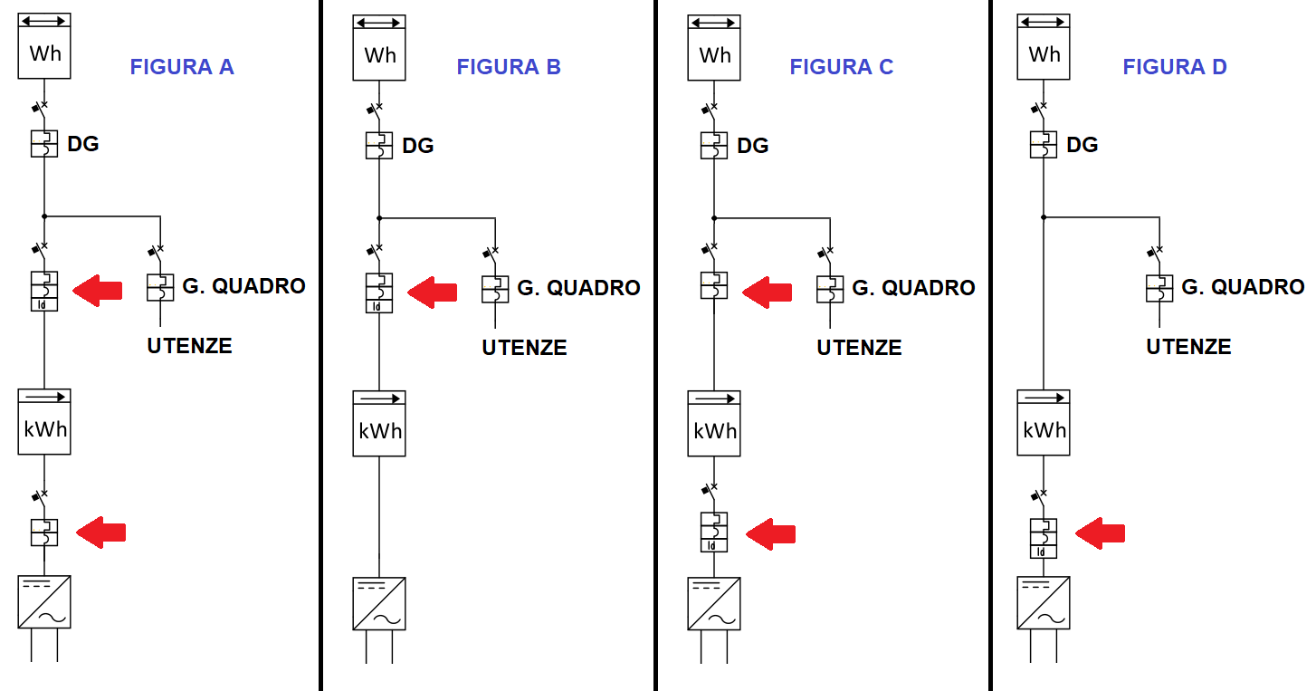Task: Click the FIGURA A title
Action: click(x=182, y=67)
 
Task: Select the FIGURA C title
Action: click(x=841, y=67)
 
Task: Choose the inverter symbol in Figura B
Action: click(x=379, y=604)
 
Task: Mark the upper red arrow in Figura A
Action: click(x=97, y=290)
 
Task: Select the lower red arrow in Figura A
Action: click(x=100, y=533)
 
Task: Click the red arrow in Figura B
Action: click(x=432, y=292)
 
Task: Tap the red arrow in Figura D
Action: click(x=1100, y=533)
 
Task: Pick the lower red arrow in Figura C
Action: click(x=770, y=533)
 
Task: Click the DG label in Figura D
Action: click(x=1082, y=145)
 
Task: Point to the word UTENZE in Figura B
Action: click(x=524, y=348)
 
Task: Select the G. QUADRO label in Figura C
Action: click(x=913, y=288)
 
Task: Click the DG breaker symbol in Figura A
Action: click(x=44, y=144)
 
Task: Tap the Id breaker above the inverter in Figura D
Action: click(x=1044, y=538)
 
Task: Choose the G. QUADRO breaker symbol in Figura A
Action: click(x=160, y=288)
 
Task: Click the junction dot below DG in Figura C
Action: click(x=714, y=217)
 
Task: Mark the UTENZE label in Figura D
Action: click(x=1188, y=347)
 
